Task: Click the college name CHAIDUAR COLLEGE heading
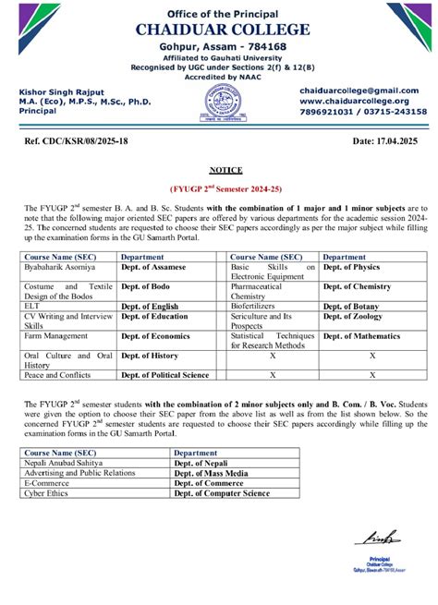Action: (x=219, y=30)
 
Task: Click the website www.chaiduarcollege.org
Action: (x=354, y=101)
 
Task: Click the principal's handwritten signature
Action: (x=381, y=537)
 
